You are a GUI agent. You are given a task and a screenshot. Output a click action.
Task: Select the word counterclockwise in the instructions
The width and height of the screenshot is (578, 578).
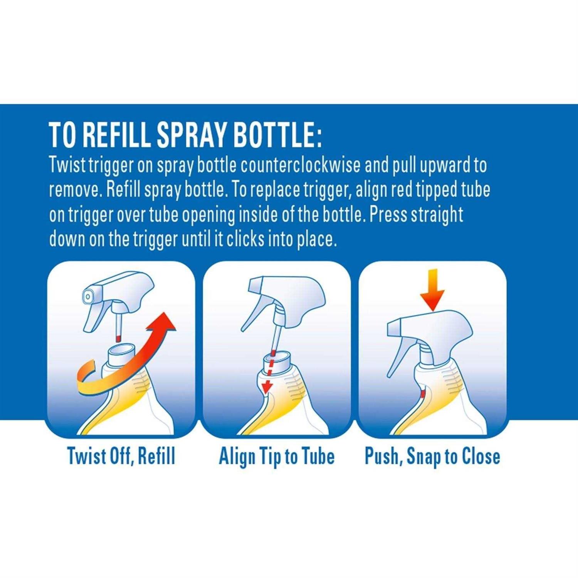pyautogui.click(x=301, y=165)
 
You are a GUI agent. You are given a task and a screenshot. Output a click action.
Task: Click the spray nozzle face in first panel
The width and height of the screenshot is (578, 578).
pyautogui.click(x=88, y=296)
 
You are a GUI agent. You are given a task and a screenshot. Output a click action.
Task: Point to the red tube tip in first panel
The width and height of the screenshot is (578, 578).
pyautogui.click(x=118, y=338)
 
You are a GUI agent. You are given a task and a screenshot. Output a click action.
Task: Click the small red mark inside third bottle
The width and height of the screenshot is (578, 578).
pyautogui.click(x=423, y=394)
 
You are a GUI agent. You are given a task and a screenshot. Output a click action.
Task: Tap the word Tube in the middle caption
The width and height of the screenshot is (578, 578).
pyautogui.click(x=318, y=456)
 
